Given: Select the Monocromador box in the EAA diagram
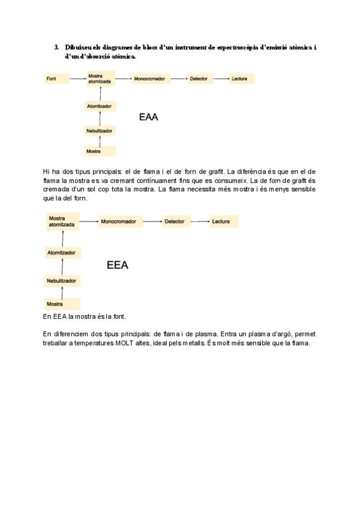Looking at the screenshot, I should (x=149, y=79).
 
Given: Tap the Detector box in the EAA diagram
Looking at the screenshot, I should (x=199, y=79).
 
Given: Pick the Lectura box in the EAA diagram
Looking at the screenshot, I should (x=242, y=79).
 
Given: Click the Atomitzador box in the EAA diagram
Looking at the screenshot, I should (x=100, y=106).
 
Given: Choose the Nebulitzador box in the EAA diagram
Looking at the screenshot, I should (x=100, y=130).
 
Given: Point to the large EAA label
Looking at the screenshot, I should (x=148, y=117).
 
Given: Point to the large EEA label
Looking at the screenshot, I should (x=117, y=265).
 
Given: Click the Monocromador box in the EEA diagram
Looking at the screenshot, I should (x=119, y=221).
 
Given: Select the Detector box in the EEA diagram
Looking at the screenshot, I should (x=176, y=221).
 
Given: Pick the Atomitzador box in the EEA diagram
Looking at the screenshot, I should (x=62, y=253).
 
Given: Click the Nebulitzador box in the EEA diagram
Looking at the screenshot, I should (x=62, y=281).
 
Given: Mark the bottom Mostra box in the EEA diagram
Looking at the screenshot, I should (x=62, y=304).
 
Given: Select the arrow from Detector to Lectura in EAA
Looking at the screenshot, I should (x=221, y=79).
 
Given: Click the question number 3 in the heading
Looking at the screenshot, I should (x=56, y=47).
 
